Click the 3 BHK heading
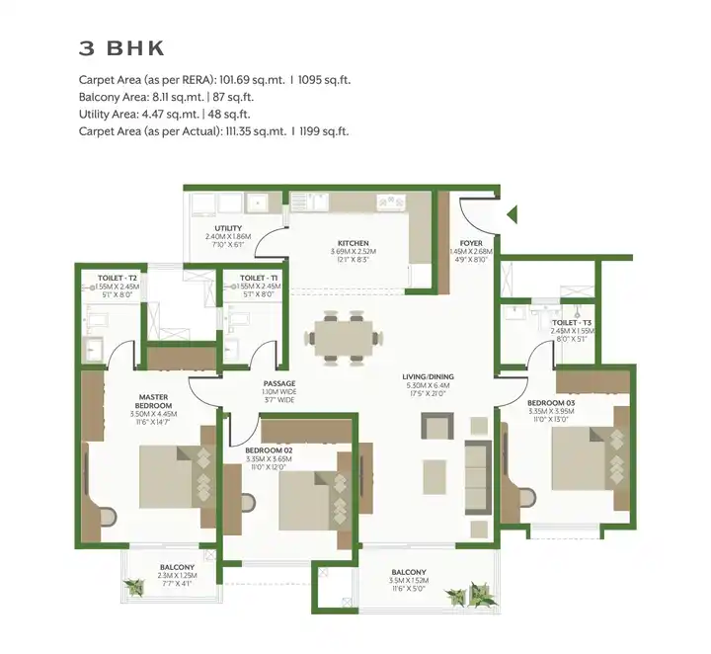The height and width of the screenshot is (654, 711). (121, 48)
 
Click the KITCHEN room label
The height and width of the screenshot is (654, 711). (353, 243)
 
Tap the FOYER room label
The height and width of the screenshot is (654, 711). (470, 243)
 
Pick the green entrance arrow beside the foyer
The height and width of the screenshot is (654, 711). (512, 213)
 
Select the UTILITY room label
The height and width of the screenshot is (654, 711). (228, 228)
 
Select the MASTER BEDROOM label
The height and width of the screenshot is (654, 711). (154, 400)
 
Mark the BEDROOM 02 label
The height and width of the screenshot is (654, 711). (269, 450)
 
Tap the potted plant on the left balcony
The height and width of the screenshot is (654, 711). (131, 588)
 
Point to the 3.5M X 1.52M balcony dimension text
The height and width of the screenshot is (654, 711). (408, 582)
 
